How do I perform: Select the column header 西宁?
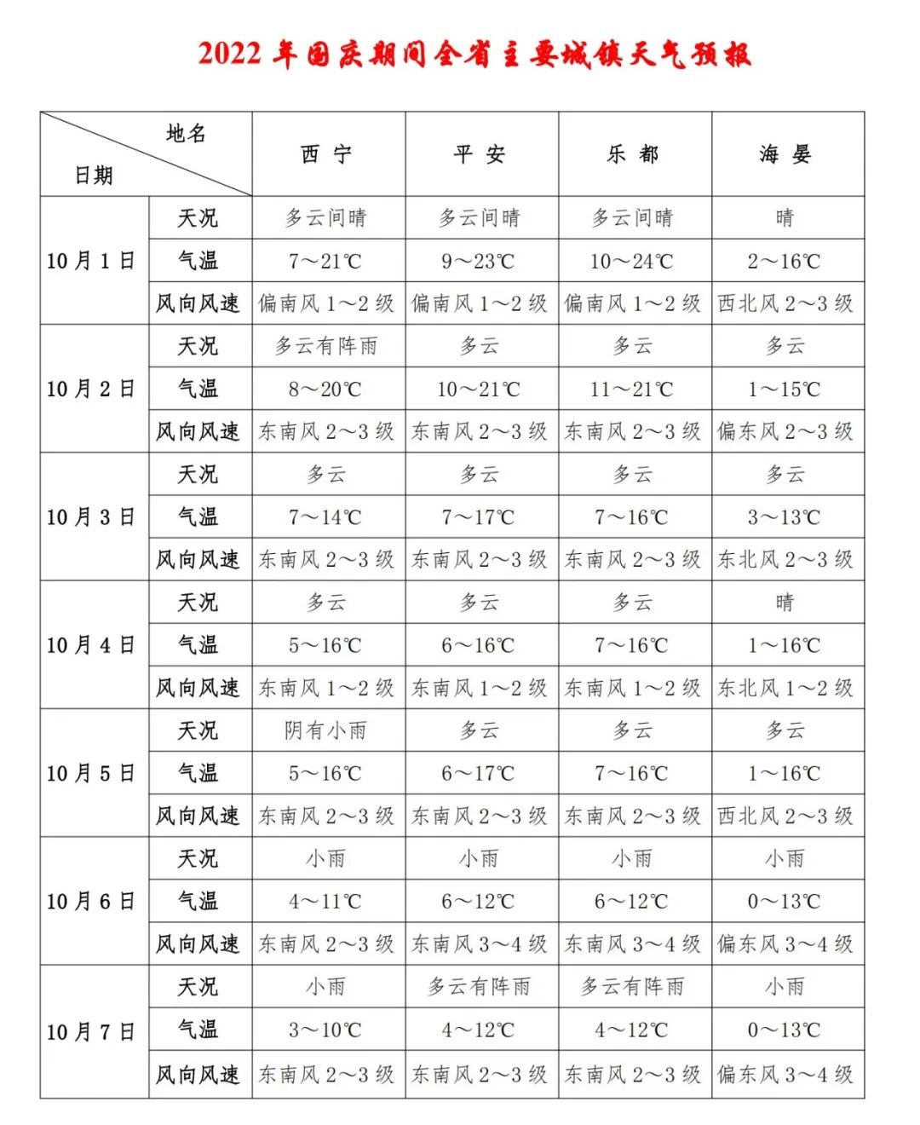point(326,154)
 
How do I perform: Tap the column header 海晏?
point(785,154)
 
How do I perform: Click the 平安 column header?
point(480,154)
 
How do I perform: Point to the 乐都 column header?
point(633,154)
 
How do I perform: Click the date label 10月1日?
point(91,261)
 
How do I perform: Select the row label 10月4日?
point(91,645)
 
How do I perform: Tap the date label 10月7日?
point(91,1032)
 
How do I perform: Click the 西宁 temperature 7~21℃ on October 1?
point(325,261)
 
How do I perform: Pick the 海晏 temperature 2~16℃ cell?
point(785,261)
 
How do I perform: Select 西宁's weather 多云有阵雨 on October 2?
point(326,346)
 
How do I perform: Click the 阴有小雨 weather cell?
point(326,730)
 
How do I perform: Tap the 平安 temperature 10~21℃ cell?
point(479,389)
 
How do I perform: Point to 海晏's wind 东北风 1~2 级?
point(785,688)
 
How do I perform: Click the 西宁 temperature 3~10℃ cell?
point(325,1030)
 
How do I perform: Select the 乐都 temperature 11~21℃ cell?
point(632,389)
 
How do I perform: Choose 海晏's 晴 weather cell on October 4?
point(785,603)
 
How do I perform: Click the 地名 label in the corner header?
point(186,134)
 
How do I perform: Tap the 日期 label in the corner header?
point(94,176)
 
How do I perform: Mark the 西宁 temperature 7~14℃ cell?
point(325,517)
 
